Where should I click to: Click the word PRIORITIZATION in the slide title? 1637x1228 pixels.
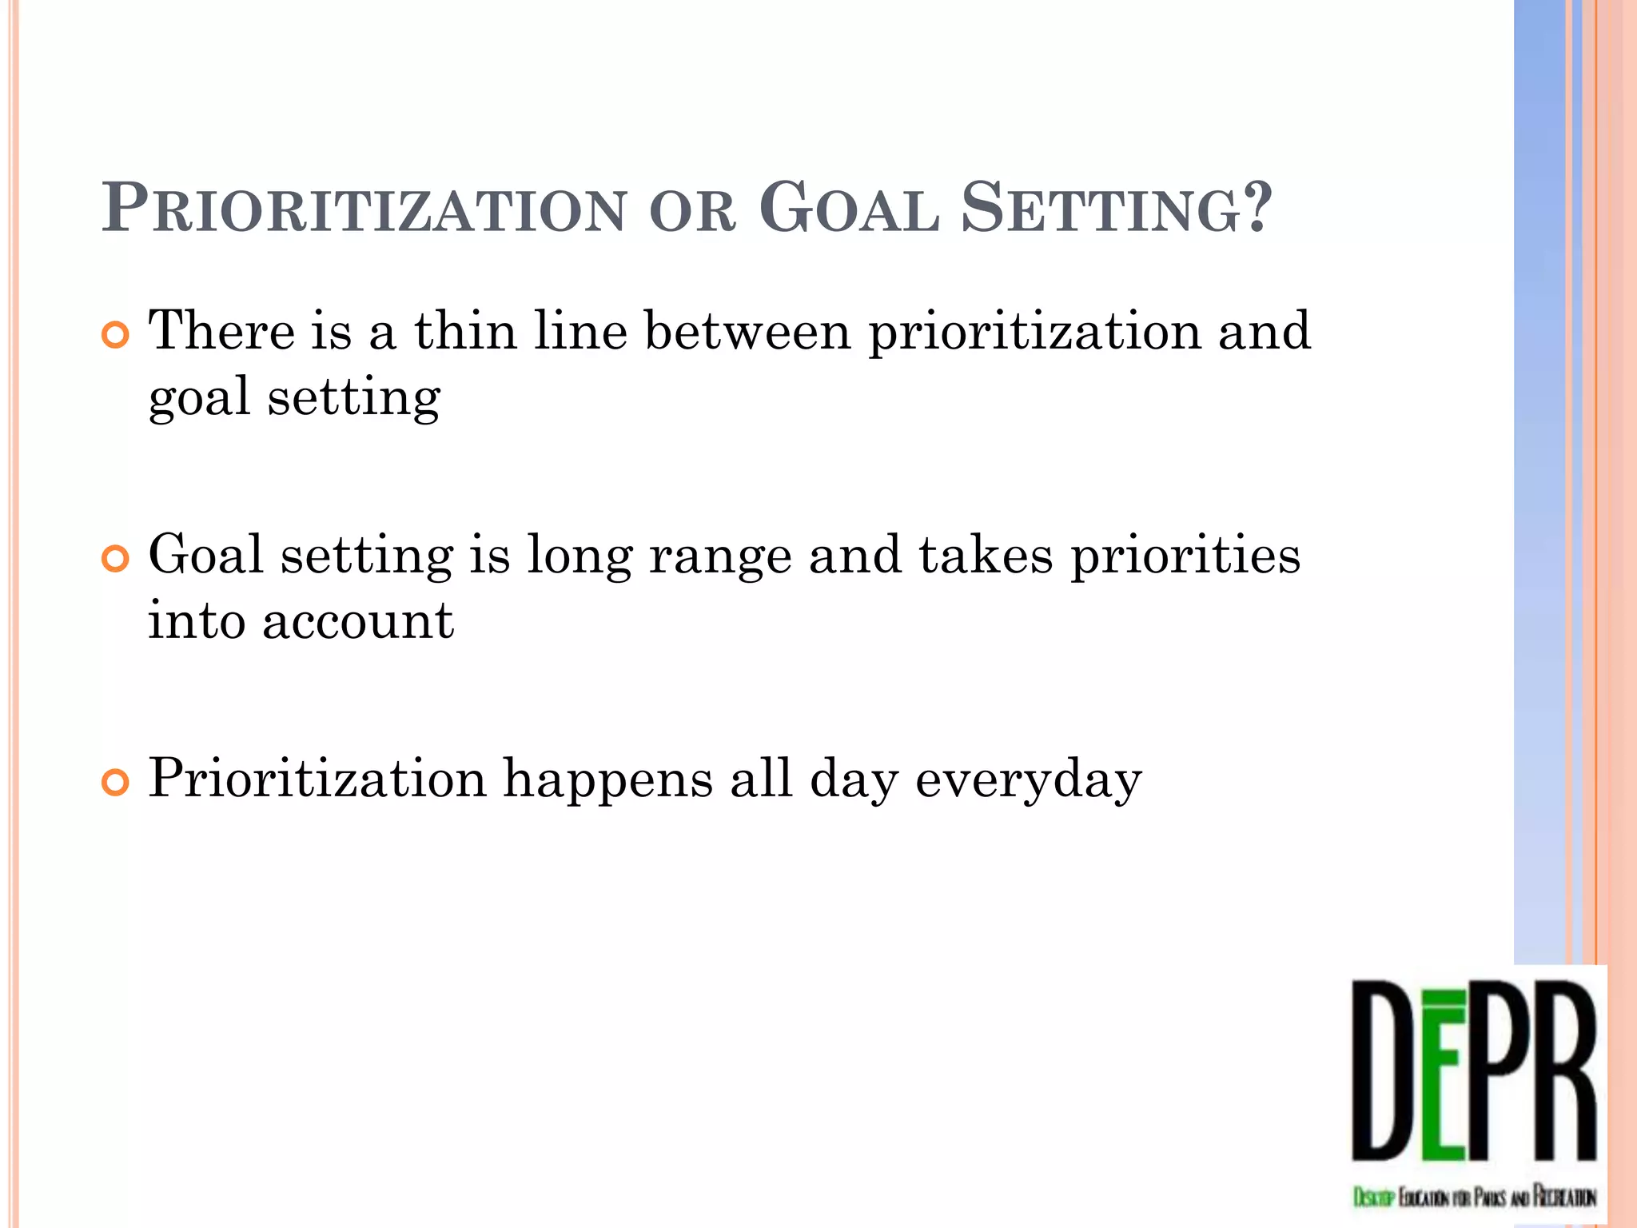point(364,209)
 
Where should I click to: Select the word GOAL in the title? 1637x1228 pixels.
point(849,209)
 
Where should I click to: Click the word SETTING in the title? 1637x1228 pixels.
point(1102,209)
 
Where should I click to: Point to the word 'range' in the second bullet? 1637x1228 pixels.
point(719,556)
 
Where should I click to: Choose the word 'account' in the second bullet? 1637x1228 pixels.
point(357,621)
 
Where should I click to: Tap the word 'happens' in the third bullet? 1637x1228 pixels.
point(607,779)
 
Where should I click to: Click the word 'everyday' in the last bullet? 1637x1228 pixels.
point(1028,779)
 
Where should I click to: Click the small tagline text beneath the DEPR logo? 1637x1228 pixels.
point(1475,1197)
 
